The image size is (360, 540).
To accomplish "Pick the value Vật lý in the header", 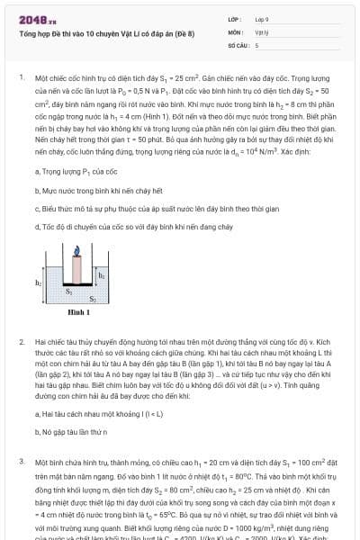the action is coord(262,30).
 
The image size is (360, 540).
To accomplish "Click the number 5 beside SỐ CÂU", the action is coord(256,43).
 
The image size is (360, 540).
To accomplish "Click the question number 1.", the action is coord(21,77).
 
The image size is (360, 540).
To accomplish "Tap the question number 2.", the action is coord(21,343).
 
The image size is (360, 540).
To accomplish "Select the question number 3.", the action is coord(21,460).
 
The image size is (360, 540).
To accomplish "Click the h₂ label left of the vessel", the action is coord(39,282).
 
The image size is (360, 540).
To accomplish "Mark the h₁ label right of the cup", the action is coord(101,275).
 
